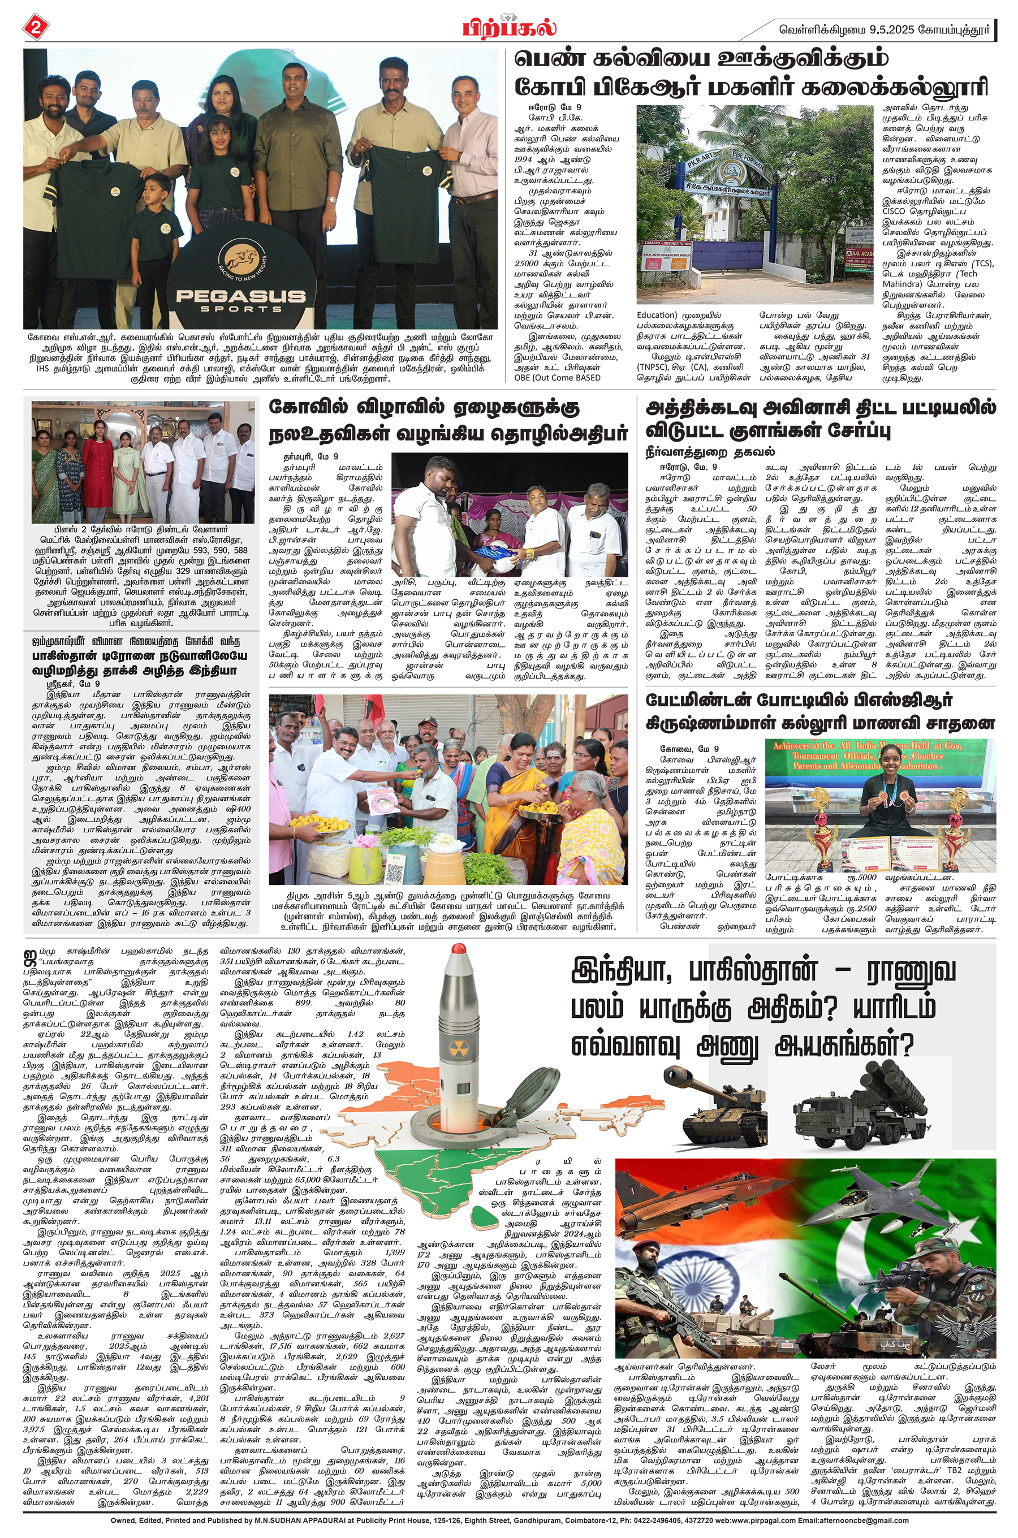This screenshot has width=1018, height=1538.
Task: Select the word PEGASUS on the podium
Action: (240, 296)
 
